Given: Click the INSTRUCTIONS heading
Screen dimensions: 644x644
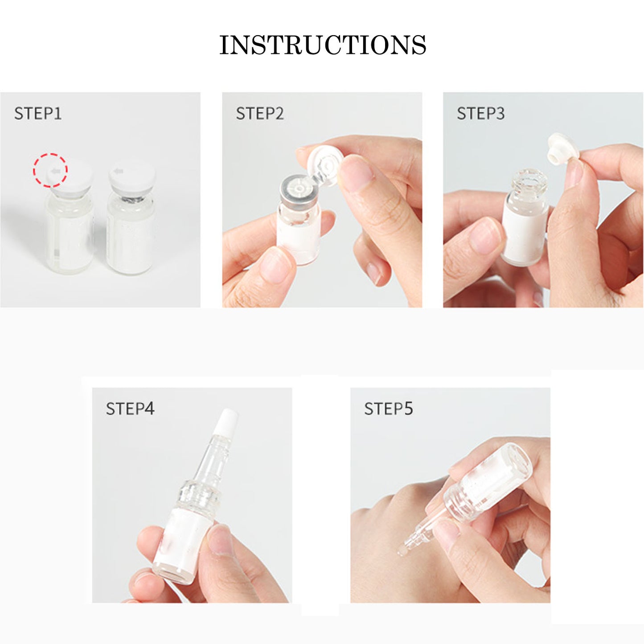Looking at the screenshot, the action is pyautogui.click(x=323, y=45).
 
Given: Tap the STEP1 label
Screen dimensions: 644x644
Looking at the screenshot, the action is pyautogui.click(x=38, y=113).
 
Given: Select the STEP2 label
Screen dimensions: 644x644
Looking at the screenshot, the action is pyautogui.click(x=260, y=113).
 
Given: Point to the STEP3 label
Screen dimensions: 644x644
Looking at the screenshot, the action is pyautogui.click(x=480, y=113).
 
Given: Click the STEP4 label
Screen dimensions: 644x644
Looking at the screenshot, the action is pyautogui.click(x=130, y=409).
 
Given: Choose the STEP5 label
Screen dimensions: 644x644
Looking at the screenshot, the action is pyautogui.click(x=388, y=409).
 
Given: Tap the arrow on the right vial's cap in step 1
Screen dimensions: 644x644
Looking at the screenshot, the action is pyautogui.click(x=118, y=172).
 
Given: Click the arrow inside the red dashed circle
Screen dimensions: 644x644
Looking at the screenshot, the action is pyautogui.click(x=54, y=172).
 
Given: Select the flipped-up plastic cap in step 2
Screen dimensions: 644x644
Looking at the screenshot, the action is pyautogui.click(x=325, y=164).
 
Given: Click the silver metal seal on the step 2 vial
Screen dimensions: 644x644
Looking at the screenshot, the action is pyautogui.click(x=299, y=194).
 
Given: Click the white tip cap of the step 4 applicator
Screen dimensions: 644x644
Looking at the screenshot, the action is pyautogui.click(x=226, y=422).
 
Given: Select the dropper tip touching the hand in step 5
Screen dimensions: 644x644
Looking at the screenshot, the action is pyautogui.click(x=404, y=549).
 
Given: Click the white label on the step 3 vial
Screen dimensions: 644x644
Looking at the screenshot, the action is pyautogui.click(x=525, y=235).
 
